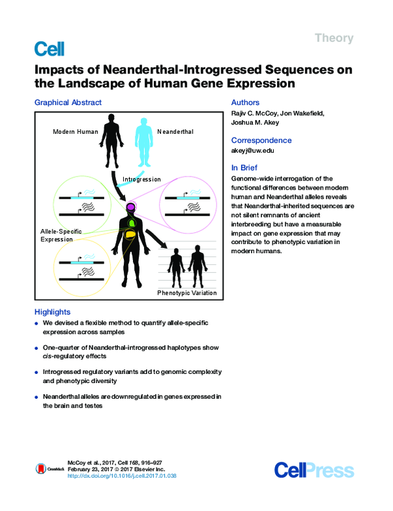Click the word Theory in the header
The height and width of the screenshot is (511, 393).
click(334, 38)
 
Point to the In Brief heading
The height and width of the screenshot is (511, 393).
click(244, 167)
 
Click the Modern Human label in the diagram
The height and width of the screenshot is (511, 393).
click(75, 132)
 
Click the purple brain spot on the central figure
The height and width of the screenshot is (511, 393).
click(131, 207)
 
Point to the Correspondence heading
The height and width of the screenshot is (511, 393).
click(259, 140)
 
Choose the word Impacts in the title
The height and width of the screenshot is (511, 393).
click(58, 70)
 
